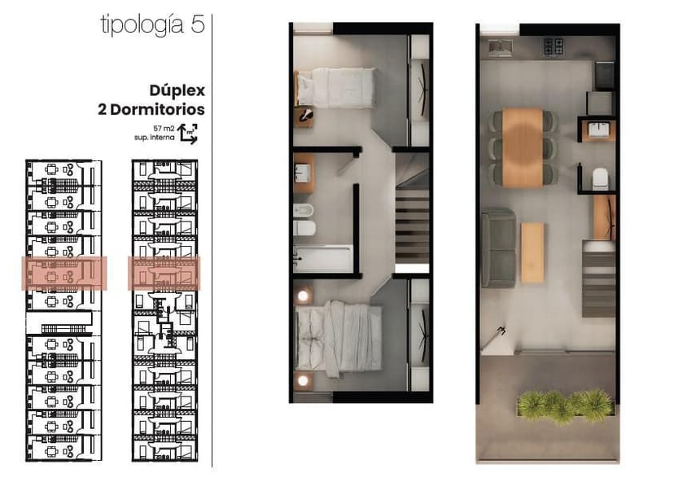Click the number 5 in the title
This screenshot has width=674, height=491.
(198, 24)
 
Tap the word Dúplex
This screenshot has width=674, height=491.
(177, 90)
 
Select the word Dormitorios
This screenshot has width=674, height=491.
(157, 109)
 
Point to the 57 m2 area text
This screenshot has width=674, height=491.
(164, 128)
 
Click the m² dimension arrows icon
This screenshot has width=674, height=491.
(188, 134)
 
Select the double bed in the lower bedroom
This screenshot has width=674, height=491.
(339, 336)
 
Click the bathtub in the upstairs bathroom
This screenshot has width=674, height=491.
(323, 259)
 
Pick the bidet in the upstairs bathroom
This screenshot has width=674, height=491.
(304, 210)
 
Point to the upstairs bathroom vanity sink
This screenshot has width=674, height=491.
(304, 173)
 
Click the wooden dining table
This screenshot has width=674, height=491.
(523, 147)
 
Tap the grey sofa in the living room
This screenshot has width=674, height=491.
(499, 248)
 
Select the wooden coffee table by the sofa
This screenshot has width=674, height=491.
(532, 252)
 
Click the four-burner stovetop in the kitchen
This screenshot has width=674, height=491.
(553, 47)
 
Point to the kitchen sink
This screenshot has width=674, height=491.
(501, 48)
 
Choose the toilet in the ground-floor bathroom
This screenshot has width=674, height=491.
(601, 179)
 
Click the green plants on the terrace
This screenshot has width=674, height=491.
(565, 406)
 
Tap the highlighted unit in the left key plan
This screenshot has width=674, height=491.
(64, 274)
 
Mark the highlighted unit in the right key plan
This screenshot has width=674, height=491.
(164, 274)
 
